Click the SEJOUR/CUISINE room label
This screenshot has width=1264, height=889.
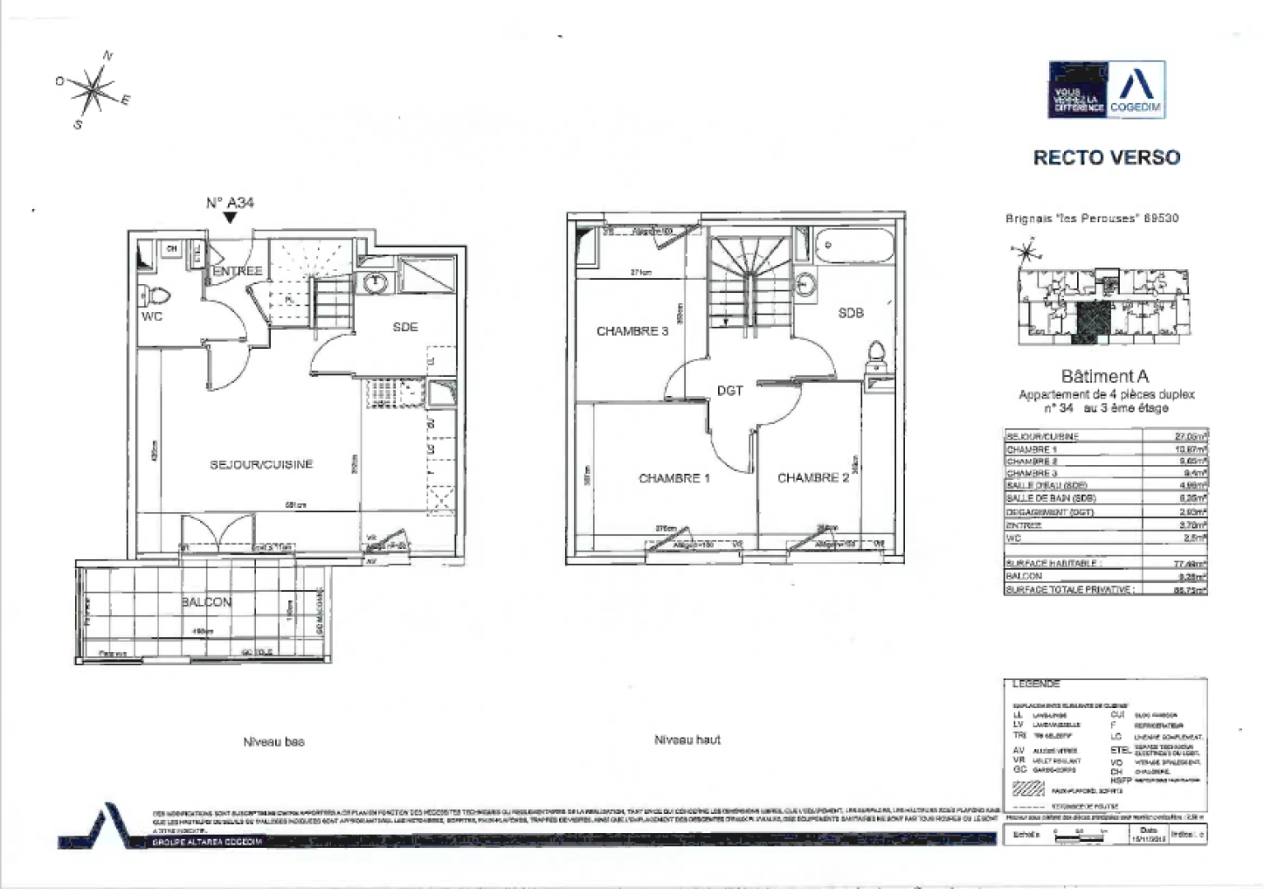(261, 464)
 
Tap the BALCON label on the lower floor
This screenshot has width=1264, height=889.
(206, 602)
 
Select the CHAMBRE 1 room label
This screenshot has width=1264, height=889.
(674, 478)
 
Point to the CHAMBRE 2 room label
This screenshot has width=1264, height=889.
(813, 477)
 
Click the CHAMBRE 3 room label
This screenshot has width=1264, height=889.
(632, 331)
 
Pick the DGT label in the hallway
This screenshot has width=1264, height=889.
(730, 390)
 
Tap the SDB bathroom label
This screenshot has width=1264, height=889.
(851, 313)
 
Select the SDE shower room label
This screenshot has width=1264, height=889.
(405, 327)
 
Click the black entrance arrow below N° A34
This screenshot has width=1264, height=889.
(230, 218)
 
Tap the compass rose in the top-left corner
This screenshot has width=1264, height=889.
(95, 88)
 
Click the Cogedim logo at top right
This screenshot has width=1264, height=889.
(1106, 90)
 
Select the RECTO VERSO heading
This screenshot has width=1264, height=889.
(1106, 157)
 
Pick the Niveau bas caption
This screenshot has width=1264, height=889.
(273, 742)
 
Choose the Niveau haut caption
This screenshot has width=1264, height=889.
(687, 740)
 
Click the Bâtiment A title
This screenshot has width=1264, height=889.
(1104, 376)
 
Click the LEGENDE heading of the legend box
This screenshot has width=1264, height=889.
(1035, 684)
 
